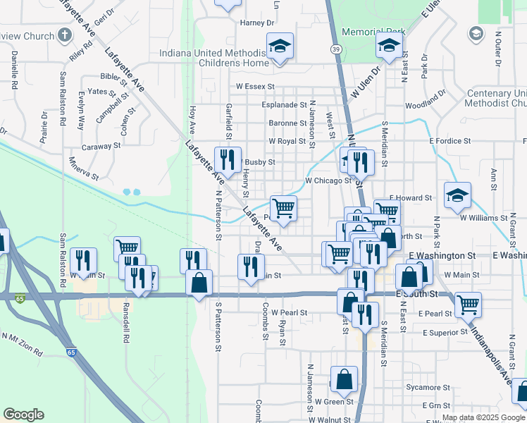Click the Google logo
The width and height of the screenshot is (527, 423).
click(x=23, y=415)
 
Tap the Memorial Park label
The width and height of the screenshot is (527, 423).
click(x=373, y=32)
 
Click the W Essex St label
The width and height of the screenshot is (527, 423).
click(x=254, y=87)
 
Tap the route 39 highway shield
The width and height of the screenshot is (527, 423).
click(x=336, y=49)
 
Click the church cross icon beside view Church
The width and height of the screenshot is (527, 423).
click(x=64, y=35)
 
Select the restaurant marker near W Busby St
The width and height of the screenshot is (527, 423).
click(x=228, y=159)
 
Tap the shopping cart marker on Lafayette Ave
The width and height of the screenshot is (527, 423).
click(x=283, y=208)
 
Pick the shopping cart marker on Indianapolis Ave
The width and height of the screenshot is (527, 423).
click(x=468, y=305)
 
